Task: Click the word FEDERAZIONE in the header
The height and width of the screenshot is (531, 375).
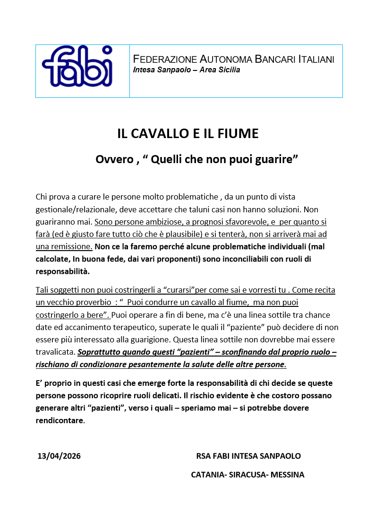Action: (165, 60)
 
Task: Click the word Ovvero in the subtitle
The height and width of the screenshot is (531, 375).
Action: (115, 159)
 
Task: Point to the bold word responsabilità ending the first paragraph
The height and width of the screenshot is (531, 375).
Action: (62, 271)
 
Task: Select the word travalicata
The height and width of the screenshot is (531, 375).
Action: (55, 352)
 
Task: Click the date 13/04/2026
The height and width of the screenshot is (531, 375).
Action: (59, 456)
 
